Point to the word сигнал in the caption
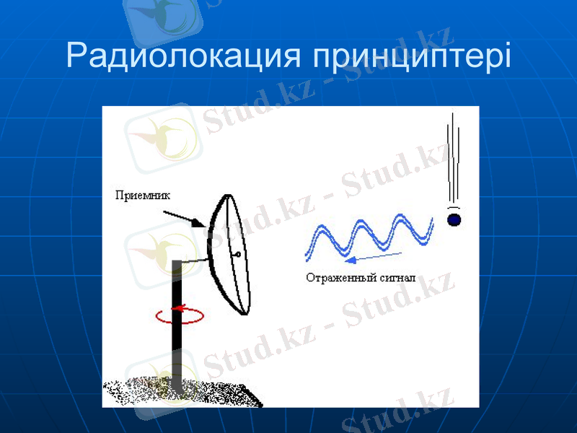tap(400, 277)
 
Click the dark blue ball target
tap(454, 219)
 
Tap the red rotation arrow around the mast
tap(179, 315)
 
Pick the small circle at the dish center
tap(237, 254)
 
